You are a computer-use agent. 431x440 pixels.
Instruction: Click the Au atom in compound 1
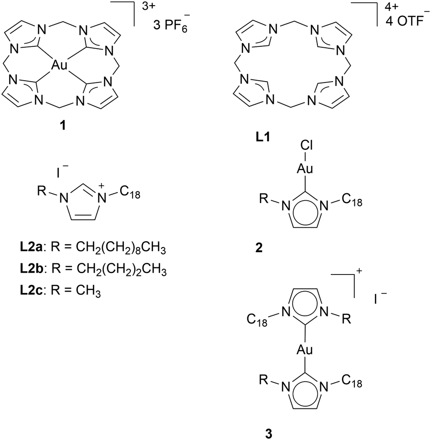60,67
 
